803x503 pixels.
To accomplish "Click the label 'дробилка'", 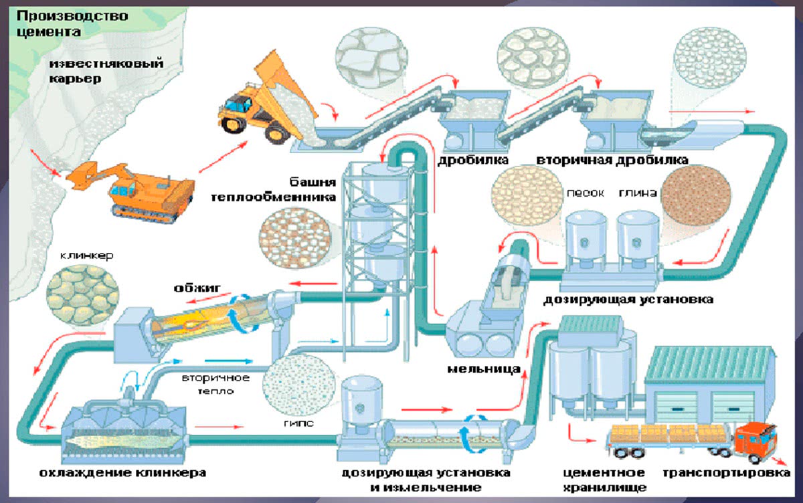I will click(x=473, y=161).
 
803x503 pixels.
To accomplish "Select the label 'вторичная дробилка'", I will click(x=612, y=161).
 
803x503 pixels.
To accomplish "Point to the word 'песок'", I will click(x=586, y=193).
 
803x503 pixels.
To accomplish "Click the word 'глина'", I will click(x=639, y=193).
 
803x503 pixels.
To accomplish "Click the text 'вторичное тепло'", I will click(x=215, y=384).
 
